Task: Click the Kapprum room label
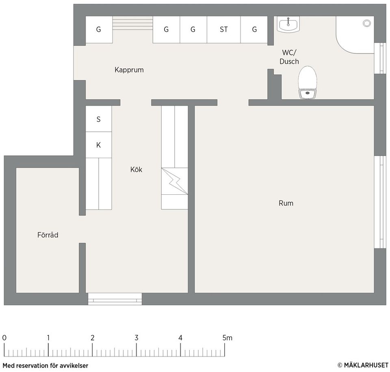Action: tap(129, 70)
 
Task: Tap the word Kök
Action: tap(136, 170)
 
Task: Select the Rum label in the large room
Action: tap(286, 203)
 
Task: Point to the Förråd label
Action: tap(48, 235)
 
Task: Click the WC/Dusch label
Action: tap(289, 57)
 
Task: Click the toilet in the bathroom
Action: tap(308, 83)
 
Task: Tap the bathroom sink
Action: tap(288, 25)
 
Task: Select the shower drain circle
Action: tap(366, 24)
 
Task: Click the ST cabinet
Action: tap(223, 30)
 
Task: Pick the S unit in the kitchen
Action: tap(98, 119)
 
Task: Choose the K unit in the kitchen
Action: tap(98, 145)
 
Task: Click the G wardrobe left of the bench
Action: tap(98, 30)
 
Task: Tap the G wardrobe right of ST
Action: tap(254, 30)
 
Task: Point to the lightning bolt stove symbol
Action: tap(175, 181)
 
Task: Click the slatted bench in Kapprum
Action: tap(132, 24)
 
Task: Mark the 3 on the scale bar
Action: tap(136, 338)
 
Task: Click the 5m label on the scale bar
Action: tap(227, 338)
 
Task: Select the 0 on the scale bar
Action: tap(4, 338)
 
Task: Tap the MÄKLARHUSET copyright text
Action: tap(363, 365)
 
